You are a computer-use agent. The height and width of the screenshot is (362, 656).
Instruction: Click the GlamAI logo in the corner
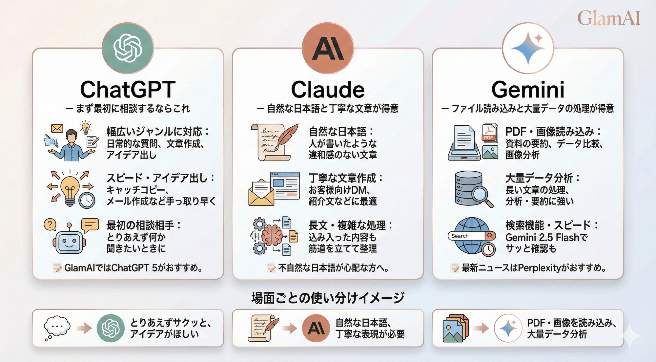pyautogui.click(x=608, y=18)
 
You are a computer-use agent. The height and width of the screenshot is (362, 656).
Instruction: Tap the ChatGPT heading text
pyautogui.click(x=128, y=90)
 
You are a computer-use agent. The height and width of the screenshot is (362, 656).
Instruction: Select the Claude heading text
pyautogui.click(x=328, y=90)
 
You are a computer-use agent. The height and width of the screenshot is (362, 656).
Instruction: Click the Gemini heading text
pyautogui.click(x=528, y=90)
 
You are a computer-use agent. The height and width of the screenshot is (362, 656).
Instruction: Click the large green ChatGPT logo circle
pyautogui.click(x=128, y=48)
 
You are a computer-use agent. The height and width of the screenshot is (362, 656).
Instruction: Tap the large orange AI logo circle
pyautogui.click(x=328, y=48)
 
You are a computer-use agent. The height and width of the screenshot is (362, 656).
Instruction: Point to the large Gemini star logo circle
pyautogui.click(x=528, y=48)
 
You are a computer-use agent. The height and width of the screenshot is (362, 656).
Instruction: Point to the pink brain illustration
pyautogui.click(x=272, y=234)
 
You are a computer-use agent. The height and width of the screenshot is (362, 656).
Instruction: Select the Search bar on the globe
pyautogui.click(x=467, y=236)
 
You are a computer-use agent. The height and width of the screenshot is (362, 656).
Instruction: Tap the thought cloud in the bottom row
pyautogui.click(x=57, y=326)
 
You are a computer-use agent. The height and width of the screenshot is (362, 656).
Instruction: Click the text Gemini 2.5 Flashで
pyautogui.click(x=546, y=237)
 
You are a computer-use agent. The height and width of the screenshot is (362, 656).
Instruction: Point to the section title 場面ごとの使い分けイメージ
pyautogui.click(x=328, y=298)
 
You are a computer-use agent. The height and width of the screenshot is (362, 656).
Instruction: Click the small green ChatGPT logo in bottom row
pyautogui.click(x=111, y=328)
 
